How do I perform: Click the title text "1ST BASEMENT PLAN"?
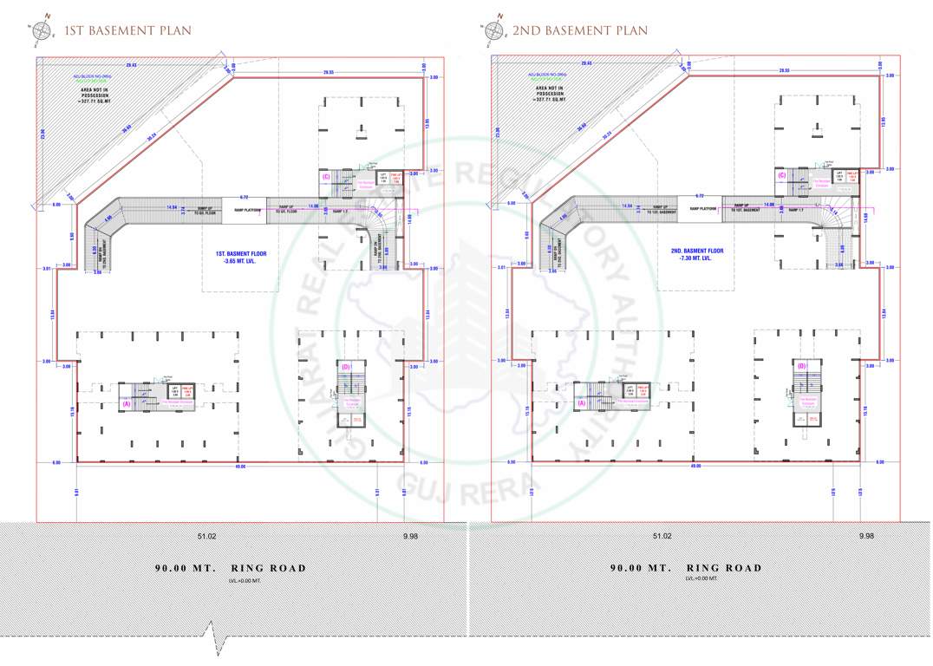[127, 30]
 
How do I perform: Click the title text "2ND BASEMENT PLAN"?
[579, 30]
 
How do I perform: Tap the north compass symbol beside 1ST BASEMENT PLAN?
[42, 29]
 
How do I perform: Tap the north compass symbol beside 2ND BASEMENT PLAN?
[495, 29]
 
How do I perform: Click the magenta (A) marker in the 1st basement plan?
[126, 403]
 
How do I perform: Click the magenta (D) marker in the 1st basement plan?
[346, 367]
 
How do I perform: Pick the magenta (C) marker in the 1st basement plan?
[326, 177]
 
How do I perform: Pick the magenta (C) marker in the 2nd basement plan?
[781, 176]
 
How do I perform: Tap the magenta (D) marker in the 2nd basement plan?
[801, 366]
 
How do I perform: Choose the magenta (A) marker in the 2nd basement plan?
[581, 403]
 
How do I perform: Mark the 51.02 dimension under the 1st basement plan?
[206, 537]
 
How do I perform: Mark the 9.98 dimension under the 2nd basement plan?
[864, 537]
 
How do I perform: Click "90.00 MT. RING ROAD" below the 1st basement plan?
[231, 568]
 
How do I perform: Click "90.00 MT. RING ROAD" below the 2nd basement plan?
[686, 568]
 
